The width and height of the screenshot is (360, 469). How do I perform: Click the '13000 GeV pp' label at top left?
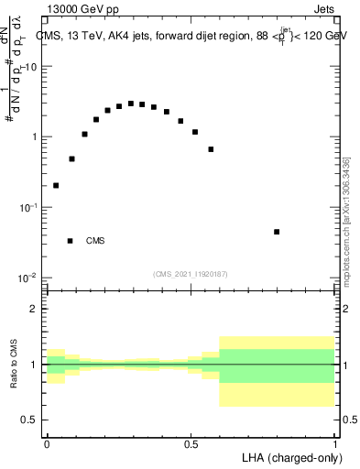click(x=85, y=10)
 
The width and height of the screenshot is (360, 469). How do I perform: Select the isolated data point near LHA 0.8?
click(x=277, y=232)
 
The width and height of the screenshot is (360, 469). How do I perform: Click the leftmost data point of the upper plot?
click(x=56, y=185)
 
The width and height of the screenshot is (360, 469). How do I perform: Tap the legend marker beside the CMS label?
click(x=70, y=241)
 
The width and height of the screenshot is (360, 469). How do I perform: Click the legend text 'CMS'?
click(x=95, y=241)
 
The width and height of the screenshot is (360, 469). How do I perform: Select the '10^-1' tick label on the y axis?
click(x=29, y=207)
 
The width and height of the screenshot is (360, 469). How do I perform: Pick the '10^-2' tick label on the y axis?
click(x=29, y=278)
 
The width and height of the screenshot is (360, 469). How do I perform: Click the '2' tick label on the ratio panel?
click(x=36, y=309)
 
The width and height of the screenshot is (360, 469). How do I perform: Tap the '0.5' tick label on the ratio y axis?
click(x=30, y=420)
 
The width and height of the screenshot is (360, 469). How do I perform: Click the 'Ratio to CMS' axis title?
click(x=14, y=364)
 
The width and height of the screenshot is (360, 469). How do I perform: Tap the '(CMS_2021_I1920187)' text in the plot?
click(x=191, y=272)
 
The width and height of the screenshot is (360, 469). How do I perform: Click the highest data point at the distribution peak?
click(x=131, y=104)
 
